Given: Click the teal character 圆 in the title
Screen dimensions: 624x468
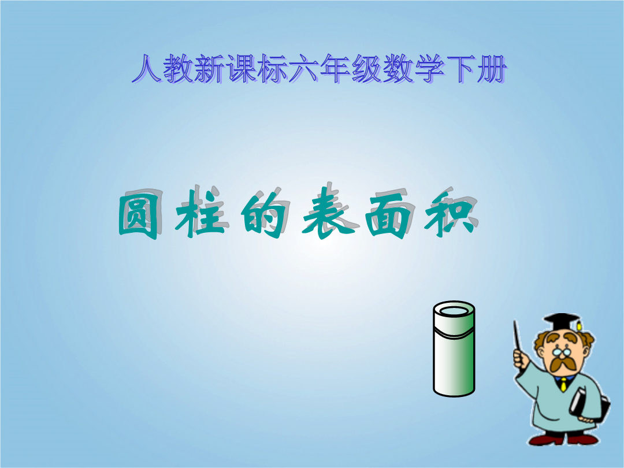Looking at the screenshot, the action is (x=138, y=217).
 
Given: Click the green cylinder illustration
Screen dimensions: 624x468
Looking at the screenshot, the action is (x=454, y=349).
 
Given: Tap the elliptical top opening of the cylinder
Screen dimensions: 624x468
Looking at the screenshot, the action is (x=454, y=311).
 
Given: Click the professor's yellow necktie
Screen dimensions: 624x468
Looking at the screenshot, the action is (x=563, y=384).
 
